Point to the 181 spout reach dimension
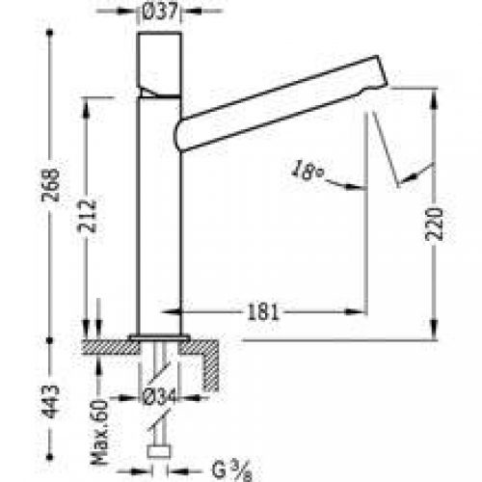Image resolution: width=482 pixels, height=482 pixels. click(x=267, y=311)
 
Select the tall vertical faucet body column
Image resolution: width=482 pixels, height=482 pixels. click(x=154, y=222)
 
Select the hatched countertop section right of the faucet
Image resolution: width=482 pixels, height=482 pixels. click(x=208, y=347)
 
